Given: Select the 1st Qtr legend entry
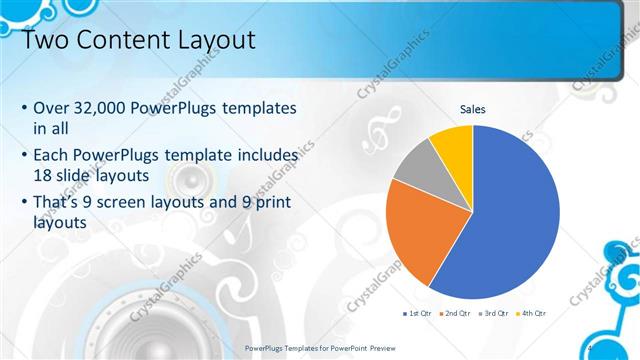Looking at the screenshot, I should (419, 313).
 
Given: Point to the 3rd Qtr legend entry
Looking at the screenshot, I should (494, 313).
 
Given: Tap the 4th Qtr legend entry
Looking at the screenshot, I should (532, 313).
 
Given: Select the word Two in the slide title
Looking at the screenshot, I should (46, 41).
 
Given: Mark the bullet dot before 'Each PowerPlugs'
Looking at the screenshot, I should (24, 157).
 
